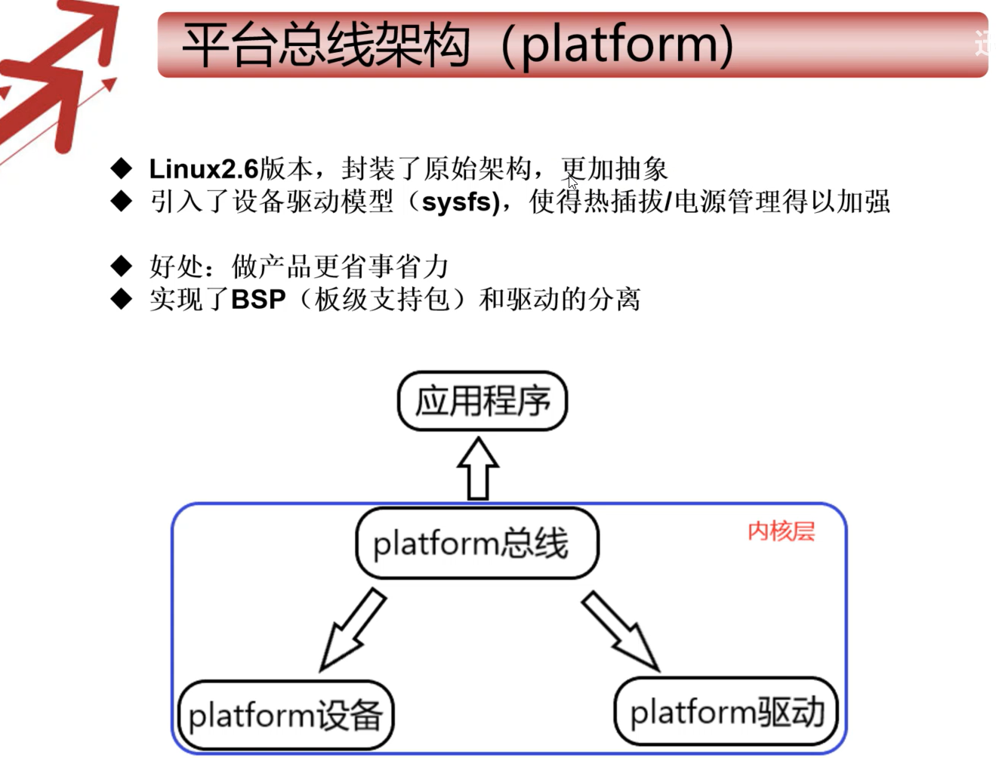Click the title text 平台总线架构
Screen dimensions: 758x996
(326, 45)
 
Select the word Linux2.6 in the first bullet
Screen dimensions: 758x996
(203, 168)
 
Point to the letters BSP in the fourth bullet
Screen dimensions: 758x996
(258, 300)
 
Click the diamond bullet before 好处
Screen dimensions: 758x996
(121, 266)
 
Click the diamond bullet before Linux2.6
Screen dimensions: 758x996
(121, 168)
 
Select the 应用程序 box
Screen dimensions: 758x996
(482, 401)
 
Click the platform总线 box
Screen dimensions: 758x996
(476, 543)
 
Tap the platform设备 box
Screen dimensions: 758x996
(285, 715)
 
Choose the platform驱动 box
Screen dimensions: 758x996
(726, 711)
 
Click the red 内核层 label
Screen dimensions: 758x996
(781, 532)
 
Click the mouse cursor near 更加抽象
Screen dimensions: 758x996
(572, 183)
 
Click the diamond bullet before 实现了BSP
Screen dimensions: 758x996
(121, 299)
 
